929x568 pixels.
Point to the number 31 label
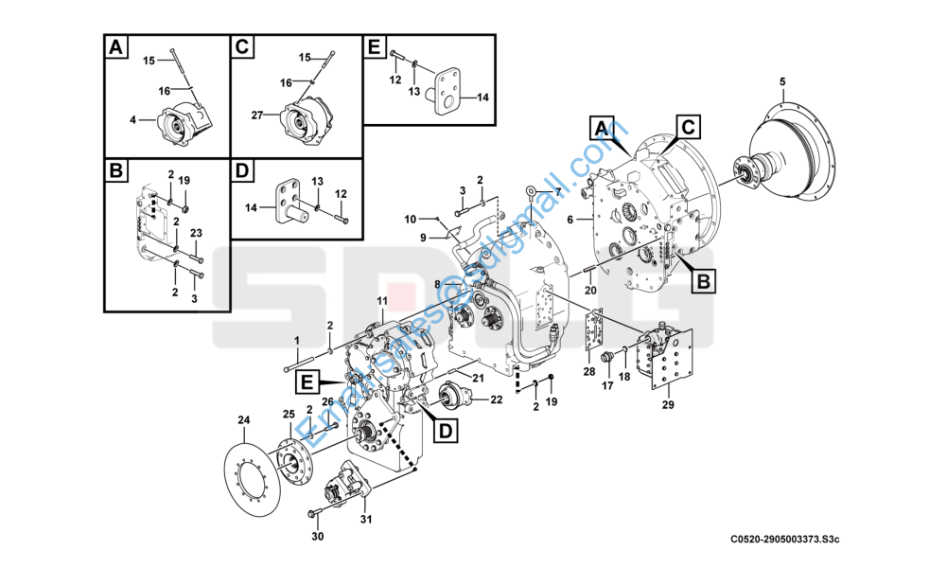click(366, 519)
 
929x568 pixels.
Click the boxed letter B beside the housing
click(704, 281)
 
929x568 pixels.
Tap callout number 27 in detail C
click(256, 115)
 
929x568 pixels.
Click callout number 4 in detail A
click(133, 119)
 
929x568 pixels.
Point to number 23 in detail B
click(197, 233)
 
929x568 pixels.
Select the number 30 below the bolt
click(318, 538)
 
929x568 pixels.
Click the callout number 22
click(496, 400)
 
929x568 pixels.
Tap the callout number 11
click(383, 301)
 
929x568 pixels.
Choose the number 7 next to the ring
click(558, 192)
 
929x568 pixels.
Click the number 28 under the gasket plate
click(589, 371)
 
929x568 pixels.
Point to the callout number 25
click(289, 415)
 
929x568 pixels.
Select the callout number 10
click(411, 219)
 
